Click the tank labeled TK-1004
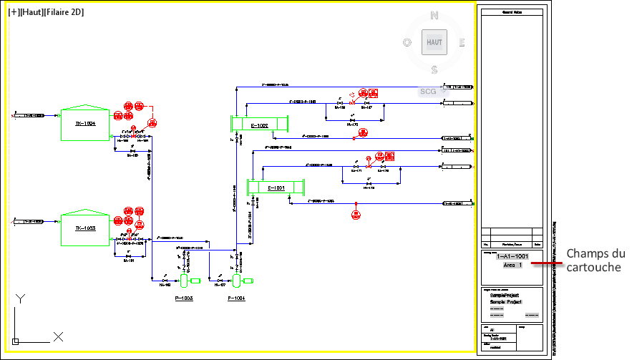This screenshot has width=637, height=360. click(x=85, y=123)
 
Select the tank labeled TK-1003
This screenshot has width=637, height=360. click(x=85, y=227)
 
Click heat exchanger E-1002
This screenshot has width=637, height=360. click(x=259, y=125)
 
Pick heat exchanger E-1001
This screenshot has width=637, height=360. click(x=276, y=188)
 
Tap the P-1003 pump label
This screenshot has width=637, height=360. click(x=184, y=297)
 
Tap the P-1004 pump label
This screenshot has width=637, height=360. click(x=236, y=297)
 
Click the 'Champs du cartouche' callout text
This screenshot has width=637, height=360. click(x=595, y=261)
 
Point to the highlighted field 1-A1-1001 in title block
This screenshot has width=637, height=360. click(x=512, y=256)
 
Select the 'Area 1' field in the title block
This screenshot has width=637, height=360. click(x=512, y=265)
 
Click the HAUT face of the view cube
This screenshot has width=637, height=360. click(x=434, y=42)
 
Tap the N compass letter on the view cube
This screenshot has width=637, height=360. click(x=434, y=15)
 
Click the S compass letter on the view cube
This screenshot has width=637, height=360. click(x=434, y=69)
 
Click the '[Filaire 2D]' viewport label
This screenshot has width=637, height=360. click(x=64, y=12)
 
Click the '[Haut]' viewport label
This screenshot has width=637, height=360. click(x=31, y=12)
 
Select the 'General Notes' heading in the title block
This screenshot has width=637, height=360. click(x=512, y=12)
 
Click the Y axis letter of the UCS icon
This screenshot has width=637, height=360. click(x=21, y=298)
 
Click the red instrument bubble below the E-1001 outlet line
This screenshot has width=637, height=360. click(x=356, y=213)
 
